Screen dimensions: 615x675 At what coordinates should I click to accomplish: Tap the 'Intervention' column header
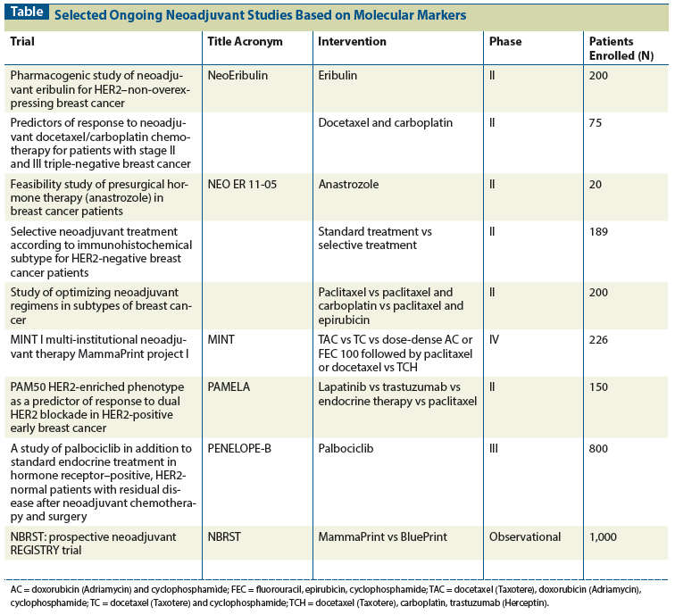coord(352,42)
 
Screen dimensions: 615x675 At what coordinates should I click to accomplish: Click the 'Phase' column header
coord(505,42)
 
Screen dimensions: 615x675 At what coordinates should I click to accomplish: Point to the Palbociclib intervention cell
coord(347,449)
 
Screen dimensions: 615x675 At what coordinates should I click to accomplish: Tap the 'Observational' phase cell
coord(525,536)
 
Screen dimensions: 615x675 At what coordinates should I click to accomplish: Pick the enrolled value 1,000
coord(604,536)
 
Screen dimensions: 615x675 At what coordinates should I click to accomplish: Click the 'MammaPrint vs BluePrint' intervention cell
coord(381,536)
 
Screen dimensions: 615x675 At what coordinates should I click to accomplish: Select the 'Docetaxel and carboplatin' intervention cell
coord(385,122)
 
